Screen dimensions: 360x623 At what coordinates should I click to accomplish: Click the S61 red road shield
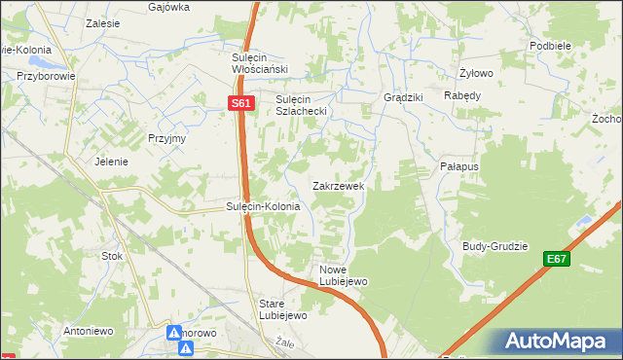coord(242,103)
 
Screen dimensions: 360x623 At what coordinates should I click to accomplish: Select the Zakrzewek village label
coord(338,185)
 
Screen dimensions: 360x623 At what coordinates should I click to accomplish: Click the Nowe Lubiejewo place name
coord(341,275)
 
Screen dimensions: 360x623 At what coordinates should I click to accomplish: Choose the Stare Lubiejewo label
coord(282,309)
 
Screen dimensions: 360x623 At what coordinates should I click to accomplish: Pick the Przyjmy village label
coord(166,138)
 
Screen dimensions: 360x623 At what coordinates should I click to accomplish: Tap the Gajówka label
coord(168,7)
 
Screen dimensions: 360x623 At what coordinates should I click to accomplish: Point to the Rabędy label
coord(462,95)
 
